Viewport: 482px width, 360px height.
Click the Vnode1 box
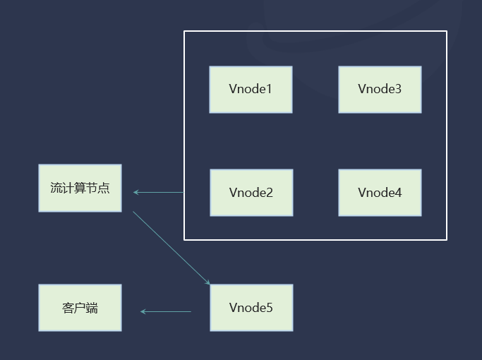point(251,90)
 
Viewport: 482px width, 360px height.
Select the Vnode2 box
point(251,193)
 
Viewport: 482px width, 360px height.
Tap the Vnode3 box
point(380,90)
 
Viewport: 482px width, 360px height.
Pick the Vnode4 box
point(380,193)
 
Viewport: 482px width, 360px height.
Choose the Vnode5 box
point(251,308)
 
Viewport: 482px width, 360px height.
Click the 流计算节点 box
point(80,188)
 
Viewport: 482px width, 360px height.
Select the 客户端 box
point(80,308)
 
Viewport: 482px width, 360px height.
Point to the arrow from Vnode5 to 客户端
point(166,311)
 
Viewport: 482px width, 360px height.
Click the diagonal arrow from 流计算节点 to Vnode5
point(171,248)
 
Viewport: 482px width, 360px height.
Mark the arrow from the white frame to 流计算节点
point(159,192)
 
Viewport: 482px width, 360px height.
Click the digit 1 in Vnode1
point(269,90)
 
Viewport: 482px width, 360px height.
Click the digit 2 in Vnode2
point(270,193)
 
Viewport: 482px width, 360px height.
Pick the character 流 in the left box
point(56,188)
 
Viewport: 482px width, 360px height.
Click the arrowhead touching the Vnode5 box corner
point(207,282)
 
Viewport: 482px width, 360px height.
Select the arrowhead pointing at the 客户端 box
point(143,311)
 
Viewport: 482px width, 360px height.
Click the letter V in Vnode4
point(362,193)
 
